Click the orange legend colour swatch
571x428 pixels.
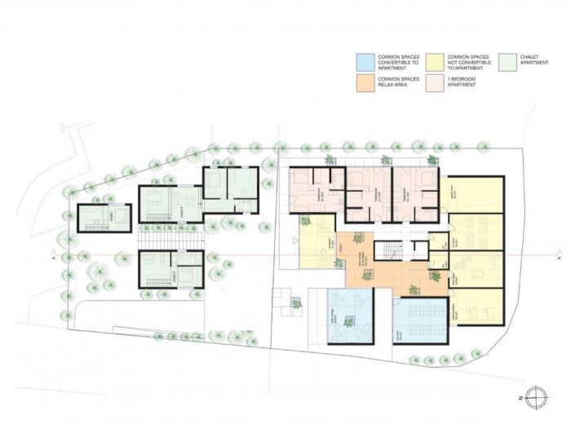point(365,82)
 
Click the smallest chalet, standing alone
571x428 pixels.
point(104,218)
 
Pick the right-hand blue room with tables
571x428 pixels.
point(420,319)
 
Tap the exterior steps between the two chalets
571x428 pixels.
point(170,237)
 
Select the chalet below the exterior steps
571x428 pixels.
point(170,271)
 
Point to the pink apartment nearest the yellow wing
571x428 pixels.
point(414,195)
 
